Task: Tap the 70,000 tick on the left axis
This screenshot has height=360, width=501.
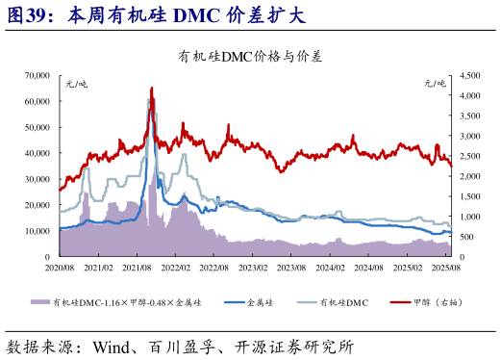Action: pos(37,74)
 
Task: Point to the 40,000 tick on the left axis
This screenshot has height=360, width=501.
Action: pos(37,152)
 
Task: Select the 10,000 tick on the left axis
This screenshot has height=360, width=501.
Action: pos(37,231)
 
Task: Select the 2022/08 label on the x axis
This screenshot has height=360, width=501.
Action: pos(214,269)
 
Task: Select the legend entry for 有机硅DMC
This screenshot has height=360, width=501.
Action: pos(343,302)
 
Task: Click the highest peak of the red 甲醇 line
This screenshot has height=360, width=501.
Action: pos(151,89)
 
